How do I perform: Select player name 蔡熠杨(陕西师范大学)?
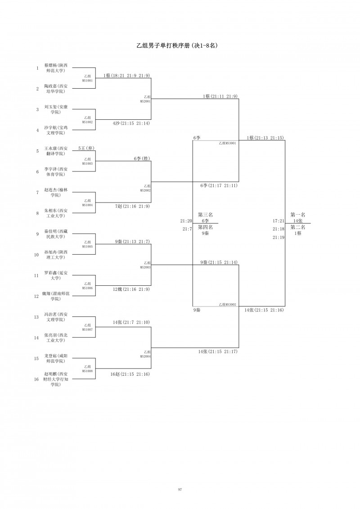click(x=56, y=68)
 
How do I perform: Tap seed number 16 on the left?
click(x=37, y=379)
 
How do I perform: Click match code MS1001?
click(x=87, y=80)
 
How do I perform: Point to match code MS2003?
click(x=145, y=267)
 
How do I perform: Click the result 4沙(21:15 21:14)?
click(x=131, y=123)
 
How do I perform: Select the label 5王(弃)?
click(x=86, y=148)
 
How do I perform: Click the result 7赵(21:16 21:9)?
click(x=132, y=206)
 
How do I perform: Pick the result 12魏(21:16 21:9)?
click(x=131, y=289)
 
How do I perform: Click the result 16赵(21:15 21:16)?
click(x=130, y=374)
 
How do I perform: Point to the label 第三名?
click(x=205, y=215)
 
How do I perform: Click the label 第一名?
click(x=297, y=215)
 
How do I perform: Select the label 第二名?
click(x=297, y=227)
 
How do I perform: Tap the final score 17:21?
click(x=279, y=221)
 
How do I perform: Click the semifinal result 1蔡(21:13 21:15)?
click(x=265, y=138)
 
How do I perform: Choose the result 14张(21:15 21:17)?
click(x=218, y=351)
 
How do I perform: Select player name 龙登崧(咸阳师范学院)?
click(x=56, y=358)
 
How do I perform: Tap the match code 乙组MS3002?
click(x=227, y=305)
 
